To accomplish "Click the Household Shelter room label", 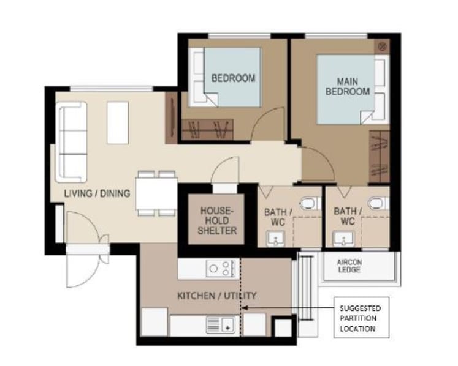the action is click(217, 220).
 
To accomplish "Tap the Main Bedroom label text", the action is click(348, 86).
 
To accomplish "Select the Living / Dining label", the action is click(97, 193).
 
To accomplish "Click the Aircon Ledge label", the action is click(349, 266).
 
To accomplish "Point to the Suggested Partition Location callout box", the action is click(361, 318).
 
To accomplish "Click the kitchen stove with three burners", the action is click(221, 268).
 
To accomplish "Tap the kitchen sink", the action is click(221, 324).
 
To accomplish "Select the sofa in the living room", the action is click(72, 142).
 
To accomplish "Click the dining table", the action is click(156, 193).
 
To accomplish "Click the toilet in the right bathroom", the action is click(378, 203).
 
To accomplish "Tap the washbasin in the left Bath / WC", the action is click(275, 239).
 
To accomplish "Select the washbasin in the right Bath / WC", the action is click(344, 239).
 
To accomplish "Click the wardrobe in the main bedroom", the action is click(380, 156).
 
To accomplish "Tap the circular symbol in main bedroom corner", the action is click(383, 46).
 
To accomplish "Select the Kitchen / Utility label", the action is click(216, 296).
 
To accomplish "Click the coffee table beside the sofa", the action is click(118, 123).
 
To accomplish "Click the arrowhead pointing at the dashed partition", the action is click(245, 308).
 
